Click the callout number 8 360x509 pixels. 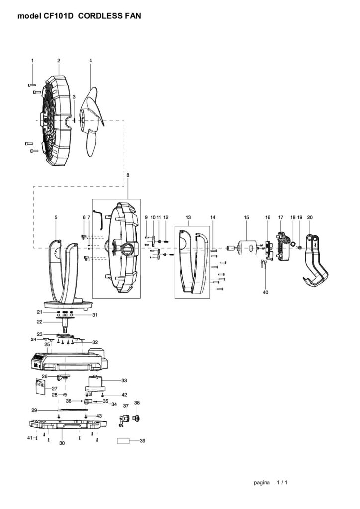click(x=128, y=175)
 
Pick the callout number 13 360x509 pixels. click(x=188, y=218)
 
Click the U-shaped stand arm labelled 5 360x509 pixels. click(x=65, y=268)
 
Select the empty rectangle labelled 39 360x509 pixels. click(x=125, y=441)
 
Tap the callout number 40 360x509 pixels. click(x=265, y=292)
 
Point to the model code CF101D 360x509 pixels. click(x=59, y=16)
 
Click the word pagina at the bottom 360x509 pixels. click(x=262, y=482)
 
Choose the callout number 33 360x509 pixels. click(x=124, y=380)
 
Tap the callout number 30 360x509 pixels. click(x=62, y=443)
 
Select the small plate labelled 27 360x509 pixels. click(x=44, y=386)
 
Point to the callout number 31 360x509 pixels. click(x=95, y=315)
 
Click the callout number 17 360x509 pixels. click(x=281, y=218)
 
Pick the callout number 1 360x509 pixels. click(x=32, y=61)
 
